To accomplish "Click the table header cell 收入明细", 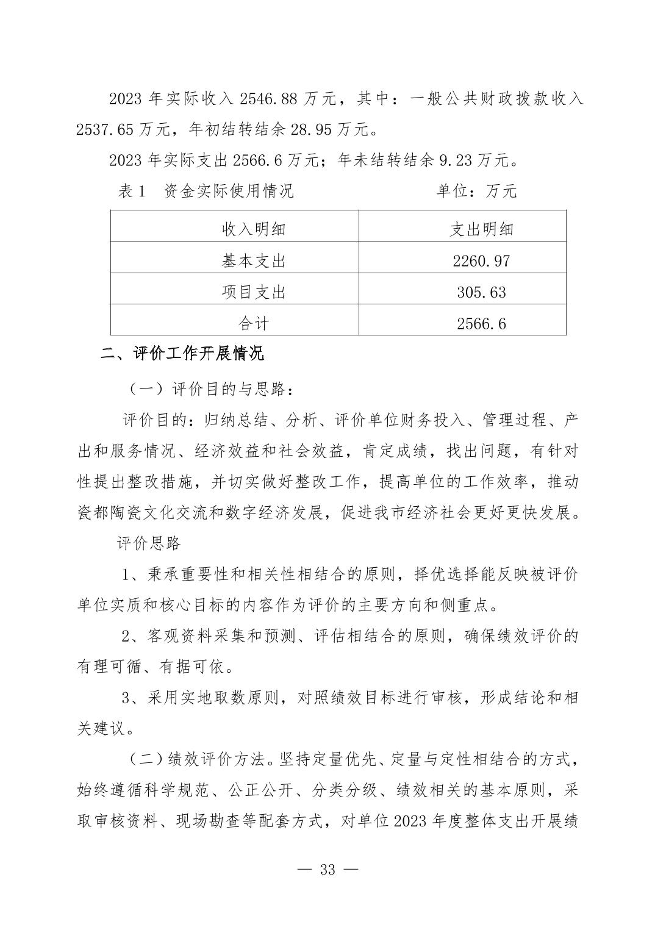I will tap(253, 229).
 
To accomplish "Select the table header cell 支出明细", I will tap(481, 229).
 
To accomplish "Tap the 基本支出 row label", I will tap(253, 261).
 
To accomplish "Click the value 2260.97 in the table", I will tap(481, 261).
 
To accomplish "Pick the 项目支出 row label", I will tap(253, 292).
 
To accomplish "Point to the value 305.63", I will tap(481, 292).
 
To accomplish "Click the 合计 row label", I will tap(253, 323).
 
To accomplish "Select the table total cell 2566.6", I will tap(481, 323).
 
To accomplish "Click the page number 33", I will tap(327, 870).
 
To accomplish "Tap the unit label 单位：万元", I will tap(476, 191).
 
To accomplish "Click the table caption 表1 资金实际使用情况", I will tap(206, 191).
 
